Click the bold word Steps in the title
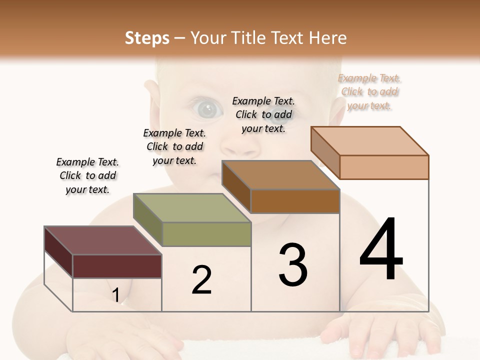click(x=147, y=38)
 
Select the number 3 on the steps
click(x=293, y=265)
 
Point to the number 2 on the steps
click(x=201, y=280)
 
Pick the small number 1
click(x=115, y=295)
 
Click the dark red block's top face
click(x=102, y=240)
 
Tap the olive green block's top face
click(x=192, y=208)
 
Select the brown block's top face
click(x=280, y=175)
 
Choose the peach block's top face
click(x=370, y=141)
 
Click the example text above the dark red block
click(x=87, y=175)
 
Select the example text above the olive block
click(x=174, y=146)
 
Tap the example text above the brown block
click(x=263, y=114)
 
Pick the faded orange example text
click(x=369, y=91)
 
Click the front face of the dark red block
click(x=117, y=266)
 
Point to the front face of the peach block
click(x=384, y=167)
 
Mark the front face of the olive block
click(x=206, y=234)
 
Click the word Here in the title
click(x=328, y=38)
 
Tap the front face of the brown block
click(x=295, y=201)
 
